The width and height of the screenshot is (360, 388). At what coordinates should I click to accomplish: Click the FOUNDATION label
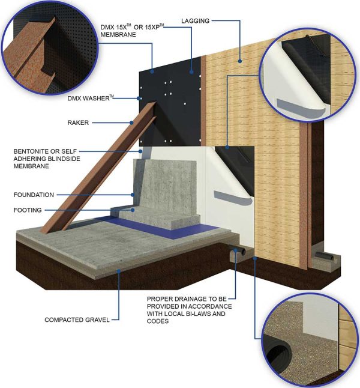tap(34, 195)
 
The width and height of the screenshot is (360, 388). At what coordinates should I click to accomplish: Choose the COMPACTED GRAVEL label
tap(77, 320)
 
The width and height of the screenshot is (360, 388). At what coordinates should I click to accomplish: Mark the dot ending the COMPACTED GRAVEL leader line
tap(119, 271)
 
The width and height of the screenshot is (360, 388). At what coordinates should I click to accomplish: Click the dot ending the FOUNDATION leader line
tap(133, 195)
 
